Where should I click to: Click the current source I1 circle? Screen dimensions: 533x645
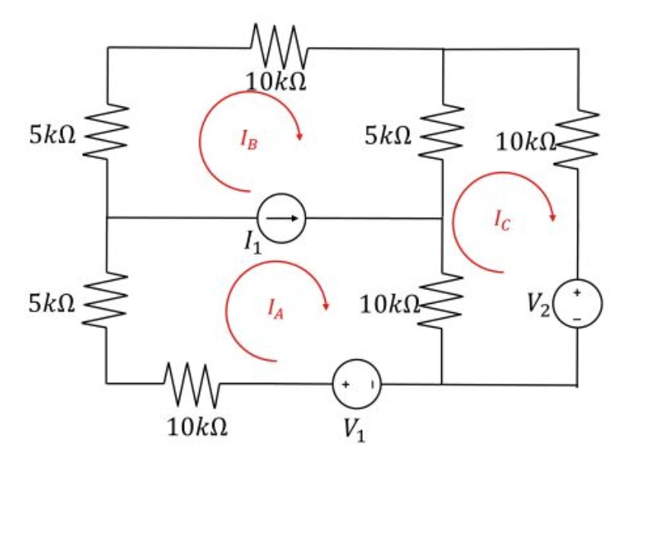282,219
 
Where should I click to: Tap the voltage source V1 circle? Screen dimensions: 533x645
357,385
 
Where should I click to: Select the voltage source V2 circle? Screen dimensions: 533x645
577,303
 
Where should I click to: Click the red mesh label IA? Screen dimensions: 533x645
275,308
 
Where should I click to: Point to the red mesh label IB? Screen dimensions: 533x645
249,139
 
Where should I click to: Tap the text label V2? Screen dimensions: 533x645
539,303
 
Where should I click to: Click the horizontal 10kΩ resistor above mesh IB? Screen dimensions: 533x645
278,47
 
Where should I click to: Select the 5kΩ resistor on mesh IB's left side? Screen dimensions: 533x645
107,134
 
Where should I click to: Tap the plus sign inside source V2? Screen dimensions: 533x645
577,292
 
